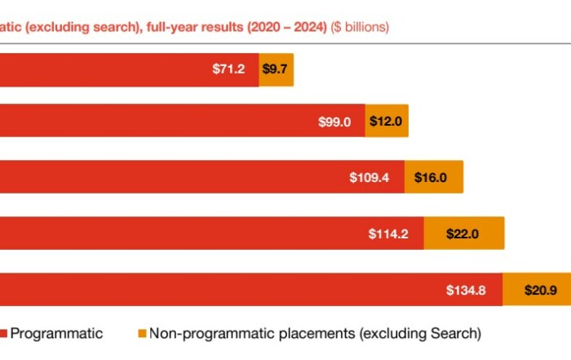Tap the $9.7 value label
click(275, 69)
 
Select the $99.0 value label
click(334, 122)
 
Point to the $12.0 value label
click(385, 122)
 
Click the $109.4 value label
click(368, 177)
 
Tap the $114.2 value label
click(387, 233)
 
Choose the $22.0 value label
click(463, 233)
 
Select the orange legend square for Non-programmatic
click(141, 333)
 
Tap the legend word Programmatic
click(57, 333)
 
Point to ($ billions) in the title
click(360, 27)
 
